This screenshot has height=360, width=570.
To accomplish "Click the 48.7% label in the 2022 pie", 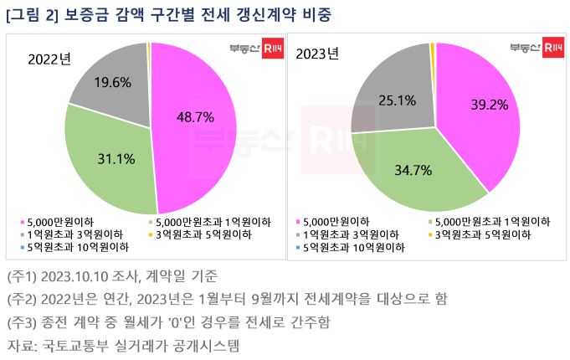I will tap(196, 116).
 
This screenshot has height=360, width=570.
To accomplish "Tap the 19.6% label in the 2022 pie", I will tap(111, 83).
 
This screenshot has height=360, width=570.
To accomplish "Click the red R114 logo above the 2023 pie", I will tap(552, 46).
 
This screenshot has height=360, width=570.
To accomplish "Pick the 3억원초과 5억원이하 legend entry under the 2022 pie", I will tap(194, 234).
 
